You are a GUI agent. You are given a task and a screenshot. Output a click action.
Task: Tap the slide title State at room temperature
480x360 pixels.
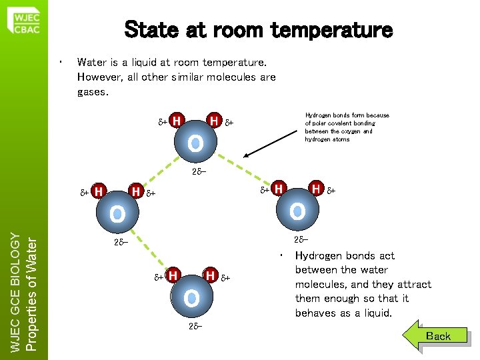click(x=259, y=30)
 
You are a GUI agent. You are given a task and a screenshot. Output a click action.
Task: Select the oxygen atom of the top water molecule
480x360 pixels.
click(x=195, y=143)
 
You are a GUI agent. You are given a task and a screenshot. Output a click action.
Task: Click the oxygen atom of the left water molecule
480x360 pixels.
click(x=117, y=213)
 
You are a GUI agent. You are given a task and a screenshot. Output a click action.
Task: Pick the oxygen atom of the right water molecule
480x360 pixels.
click(x=297, y=212)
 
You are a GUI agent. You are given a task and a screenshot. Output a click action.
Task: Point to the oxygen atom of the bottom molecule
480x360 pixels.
click(x=191, y=297)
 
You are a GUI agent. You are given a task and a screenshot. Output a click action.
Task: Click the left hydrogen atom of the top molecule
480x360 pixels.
click(x=177, y=121)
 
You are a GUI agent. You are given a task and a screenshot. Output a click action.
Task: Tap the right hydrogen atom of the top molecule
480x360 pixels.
click(x=214, y=121)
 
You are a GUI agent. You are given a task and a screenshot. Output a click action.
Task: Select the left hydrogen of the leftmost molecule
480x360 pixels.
click(x=98, y=192)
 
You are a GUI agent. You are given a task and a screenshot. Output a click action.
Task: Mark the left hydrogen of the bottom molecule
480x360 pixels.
click(x=173, y=275)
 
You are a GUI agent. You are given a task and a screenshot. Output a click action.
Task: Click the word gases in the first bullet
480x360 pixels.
click(x=93, y=92)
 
